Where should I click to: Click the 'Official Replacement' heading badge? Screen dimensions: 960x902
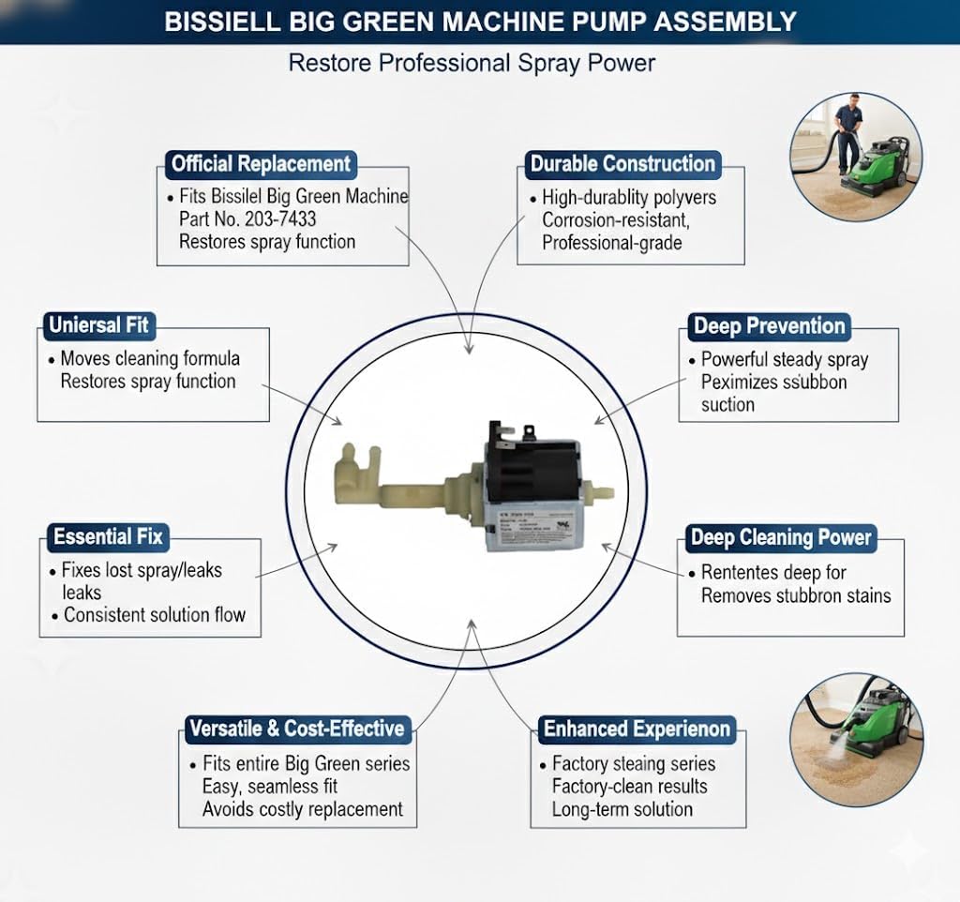pos(261,164)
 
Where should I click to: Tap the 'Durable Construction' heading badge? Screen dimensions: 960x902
pos(622,164)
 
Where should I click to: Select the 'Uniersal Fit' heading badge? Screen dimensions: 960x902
pos(98,326)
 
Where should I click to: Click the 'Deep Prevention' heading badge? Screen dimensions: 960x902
pos(769,326)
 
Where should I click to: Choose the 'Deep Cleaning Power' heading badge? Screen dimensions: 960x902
pos(781,538)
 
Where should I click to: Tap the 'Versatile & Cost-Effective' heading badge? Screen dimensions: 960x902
pos(296,729)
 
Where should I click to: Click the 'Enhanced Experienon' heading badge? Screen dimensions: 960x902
pos(637,729)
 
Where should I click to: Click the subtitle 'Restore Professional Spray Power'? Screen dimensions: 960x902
pos(472,63)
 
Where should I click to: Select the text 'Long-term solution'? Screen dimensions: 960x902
pos(622,809)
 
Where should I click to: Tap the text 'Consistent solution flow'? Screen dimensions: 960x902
pos(155,616)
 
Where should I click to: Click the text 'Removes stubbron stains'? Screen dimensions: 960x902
pos(796,595)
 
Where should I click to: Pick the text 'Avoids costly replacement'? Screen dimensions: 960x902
pos(303,809)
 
